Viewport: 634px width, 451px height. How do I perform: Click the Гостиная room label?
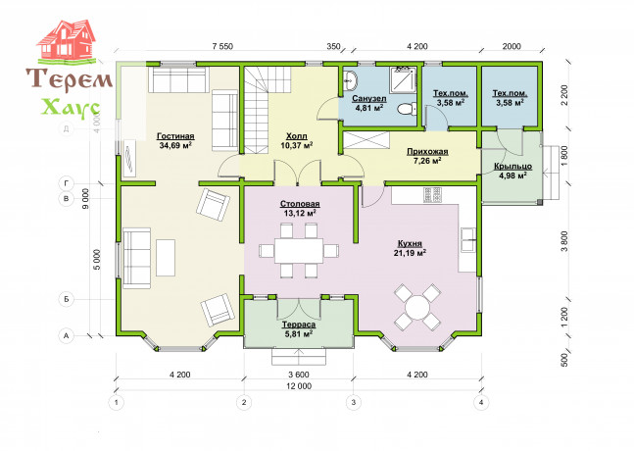point(175,136)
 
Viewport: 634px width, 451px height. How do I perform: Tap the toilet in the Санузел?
point(407,109)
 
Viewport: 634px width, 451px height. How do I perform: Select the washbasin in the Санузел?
point(350,80)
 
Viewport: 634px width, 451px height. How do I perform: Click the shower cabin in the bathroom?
point(403,79)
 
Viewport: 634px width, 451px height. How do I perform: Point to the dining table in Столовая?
point(299,251)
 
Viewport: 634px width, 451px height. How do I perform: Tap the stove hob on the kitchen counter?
point(433,194)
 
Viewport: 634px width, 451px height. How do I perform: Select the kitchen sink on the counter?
point(468,239)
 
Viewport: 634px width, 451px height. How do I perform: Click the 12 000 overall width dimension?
point(299,386)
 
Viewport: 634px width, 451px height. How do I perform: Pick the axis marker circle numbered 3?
point(354,402)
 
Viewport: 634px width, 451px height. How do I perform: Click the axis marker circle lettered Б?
point(67,299)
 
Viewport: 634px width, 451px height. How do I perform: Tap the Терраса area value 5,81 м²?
point(299,334)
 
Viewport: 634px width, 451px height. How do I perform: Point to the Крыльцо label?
point(512,167)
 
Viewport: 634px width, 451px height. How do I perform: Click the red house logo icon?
point(67,40)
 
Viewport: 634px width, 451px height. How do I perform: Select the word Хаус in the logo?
point(72,108)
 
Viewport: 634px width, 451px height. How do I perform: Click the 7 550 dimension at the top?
point(222,46)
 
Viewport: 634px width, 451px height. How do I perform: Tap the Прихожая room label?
point(427,152)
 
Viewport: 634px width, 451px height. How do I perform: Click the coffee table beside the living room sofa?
point(166,258)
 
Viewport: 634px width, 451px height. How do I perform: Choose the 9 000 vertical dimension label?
point(85,200)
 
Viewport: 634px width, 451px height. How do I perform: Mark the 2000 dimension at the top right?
point(512,46)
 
